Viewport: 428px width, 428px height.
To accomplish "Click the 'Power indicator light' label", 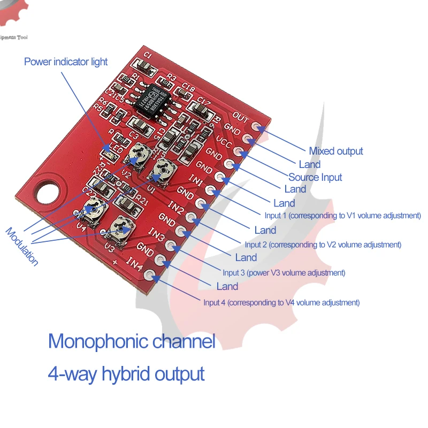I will (66, 62).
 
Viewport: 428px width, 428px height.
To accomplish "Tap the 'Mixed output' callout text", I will (336, 151).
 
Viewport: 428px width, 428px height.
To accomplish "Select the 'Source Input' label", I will (315, 177).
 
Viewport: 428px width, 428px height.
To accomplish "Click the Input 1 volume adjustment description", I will (343, 216).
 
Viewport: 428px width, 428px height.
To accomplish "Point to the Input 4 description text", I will (281, 302).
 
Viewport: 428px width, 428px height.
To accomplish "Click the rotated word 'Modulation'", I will (22, 247).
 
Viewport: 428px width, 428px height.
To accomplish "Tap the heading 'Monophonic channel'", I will (132, 341).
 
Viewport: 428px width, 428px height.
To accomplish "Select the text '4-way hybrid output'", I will (126, 373).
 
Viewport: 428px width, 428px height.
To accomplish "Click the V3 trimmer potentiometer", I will (123, 230).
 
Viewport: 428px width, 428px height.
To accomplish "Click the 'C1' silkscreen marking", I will (149, 56).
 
